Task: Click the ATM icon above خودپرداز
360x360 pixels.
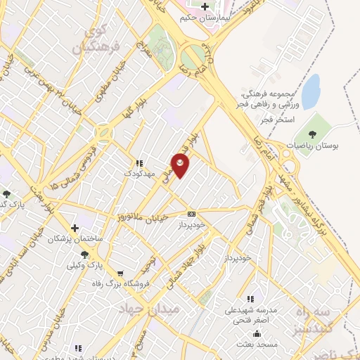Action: (x=191, y=213)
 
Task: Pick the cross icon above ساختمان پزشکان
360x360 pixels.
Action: (x=74, y=228)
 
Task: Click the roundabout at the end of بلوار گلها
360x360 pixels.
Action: (x=103, y=131)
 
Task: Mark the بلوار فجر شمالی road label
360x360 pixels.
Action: (x=260, y=210)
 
